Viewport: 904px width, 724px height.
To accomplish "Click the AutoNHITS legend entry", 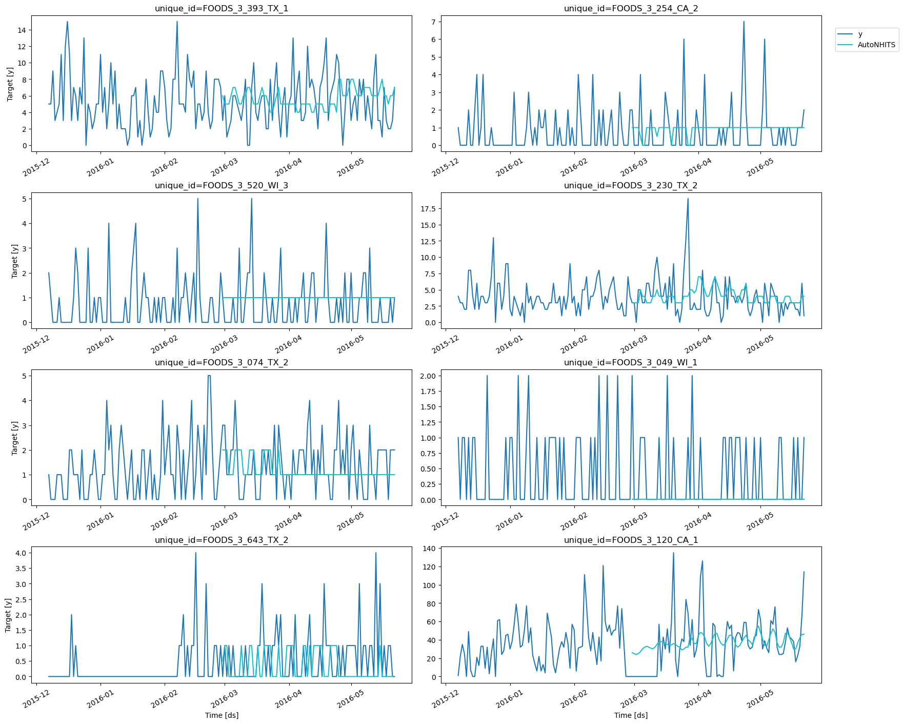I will [x=876, y=45].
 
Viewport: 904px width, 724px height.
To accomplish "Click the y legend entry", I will [x=860, y=34].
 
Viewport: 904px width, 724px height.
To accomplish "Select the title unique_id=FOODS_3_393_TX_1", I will [x=222, y=8].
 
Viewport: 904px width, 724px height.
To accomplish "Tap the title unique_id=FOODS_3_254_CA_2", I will [x=631, y=8].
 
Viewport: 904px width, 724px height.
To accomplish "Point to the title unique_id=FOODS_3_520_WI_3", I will [x=222, y=185].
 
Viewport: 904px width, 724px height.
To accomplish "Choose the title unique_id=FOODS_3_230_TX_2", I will [x=631, y=185].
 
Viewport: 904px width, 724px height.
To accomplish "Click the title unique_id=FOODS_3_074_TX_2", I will [x=222, y=362].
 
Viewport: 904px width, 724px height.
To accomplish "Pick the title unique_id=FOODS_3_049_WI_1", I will [x=631, y=362].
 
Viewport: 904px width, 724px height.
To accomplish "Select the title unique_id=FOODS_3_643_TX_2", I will [x=222, y=540].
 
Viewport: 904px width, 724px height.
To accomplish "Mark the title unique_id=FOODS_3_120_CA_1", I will [x=631, y=540].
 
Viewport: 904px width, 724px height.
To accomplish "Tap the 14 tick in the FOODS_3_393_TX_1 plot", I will [x=22, y=30].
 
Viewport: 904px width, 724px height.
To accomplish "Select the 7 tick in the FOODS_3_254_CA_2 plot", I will [x=433, y=22].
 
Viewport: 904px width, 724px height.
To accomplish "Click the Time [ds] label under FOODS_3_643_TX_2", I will [x=222, y=715].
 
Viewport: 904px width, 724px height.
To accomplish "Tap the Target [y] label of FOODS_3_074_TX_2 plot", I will [x=14, y=438].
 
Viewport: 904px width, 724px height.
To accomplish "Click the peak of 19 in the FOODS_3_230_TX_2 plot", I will [x=688, y=199].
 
